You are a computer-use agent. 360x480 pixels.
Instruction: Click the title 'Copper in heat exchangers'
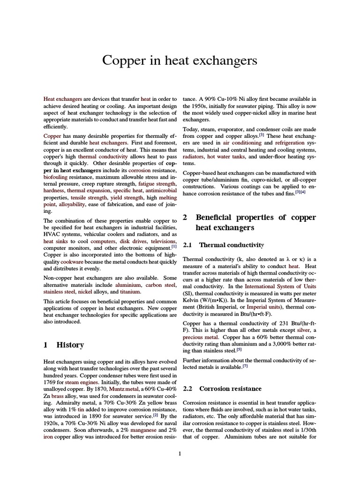(x=180, y=60)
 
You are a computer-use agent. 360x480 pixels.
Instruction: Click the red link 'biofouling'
(x=55, y=178)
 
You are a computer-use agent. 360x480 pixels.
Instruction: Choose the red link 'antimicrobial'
(x=161, y=191)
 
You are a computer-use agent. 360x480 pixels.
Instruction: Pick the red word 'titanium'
(x=130, y=292)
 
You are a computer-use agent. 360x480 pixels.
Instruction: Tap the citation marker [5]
(x=239, y=349)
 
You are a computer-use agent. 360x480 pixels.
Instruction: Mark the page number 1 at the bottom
(x=180, y=453)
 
